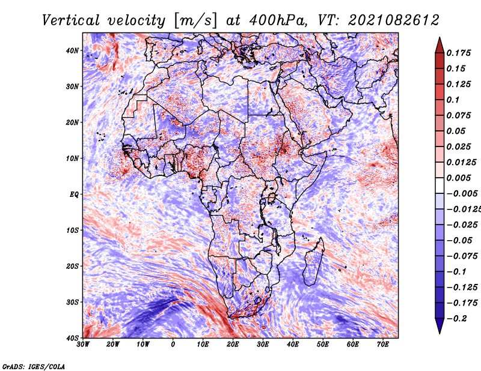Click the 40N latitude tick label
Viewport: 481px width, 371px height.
tap(72, 50)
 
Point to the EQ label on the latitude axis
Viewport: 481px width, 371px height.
tap(74, 195)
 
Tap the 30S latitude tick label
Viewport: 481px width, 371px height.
tap(72, 303)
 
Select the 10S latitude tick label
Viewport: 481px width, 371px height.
tap(72, 231)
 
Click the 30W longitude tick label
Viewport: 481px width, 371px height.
tap(83, 345)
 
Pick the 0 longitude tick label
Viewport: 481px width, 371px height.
tap(173, 345)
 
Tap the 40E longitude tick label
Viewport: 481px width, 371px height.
tap(293, 345)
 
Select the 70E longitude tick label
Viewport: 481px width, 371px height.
tap(383, 345)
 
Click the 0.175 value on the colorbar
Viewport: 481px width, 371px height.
tap(459, 53)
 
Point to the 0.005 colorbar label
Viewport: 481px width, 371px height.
tap(459, 178)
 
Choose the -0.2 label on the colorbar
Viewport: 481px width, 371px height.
tap(457, 319)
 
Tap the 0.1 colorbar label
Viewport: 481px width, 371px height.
tap(453, 100)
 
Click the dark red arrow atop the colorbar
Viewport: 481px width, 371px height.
tap(440, 46)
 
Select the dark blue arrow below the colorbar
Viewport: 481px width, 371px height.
tap(440, 326)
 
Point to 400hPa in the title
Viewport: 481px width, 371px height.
tap(278, 20)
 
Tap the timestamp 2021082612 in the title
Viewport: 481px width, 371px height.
tap(394, 20)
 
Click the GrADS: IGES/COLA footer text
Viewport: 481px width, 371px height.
tap(34, 367)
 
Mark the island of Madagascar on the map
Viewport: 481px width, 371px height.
tap(314, 262)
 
